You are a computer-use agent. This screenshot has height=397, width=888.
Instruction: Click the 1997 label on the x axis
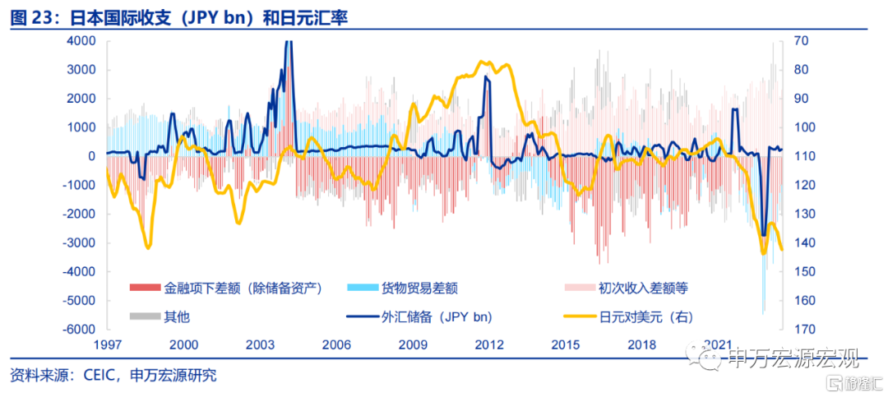pos(108,344)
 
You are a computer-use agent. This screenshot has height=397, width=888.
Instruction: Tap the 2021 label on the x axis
pos(718,344)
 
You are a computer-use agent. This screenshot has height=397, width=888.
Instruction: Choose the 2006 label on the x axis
pos(336,344)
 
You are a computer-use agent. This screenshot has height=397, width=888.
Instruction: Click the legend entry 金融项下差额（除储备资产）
pos(227,289)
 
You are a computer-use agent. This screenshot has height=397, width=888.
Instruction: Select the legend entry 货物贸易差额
pos(402,289)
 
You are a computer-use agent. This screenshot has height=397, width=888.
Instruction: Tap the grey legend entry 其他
pos(160,316)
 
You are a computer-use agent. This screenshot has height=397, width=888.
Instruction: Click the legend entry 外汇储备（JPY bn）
pos(419,316)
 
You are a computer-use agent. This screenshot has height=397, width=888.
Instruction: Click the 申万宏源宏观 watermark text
pos(793,358)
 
